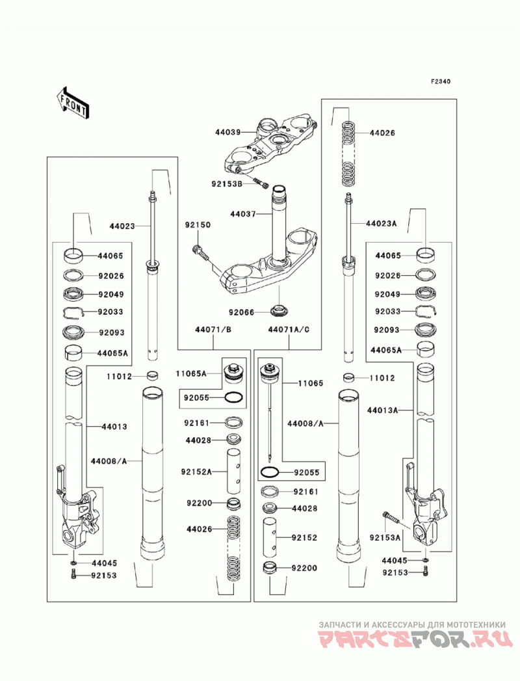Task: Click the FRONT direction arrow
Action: click(73, 103)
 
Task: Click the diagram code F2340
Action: click(441, 81)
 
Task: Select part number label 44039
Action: click(228, 131)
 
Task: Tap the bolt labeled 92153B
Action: click(260, 183)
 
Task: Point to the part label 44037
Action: click(243, 214)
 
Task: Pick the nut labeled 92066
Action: click(280, 311)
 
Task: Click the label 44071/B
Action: click(213, 330)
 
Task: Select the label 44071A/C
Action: click(289, 330)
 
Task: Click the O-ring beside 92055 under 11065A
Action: click(234, 397)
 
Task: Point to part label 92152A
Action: click(196, 472)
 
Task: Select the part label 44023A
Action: click(381, 224)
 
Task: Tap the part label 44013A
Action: click(382, 410)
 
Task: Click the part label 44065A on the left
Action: click(112, 353)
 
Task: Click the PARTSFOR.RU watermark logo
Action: click(415, 640)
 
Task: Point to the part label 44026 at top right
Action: click(382, 133)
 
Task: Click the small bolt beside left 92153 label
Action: click(74, 576)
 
